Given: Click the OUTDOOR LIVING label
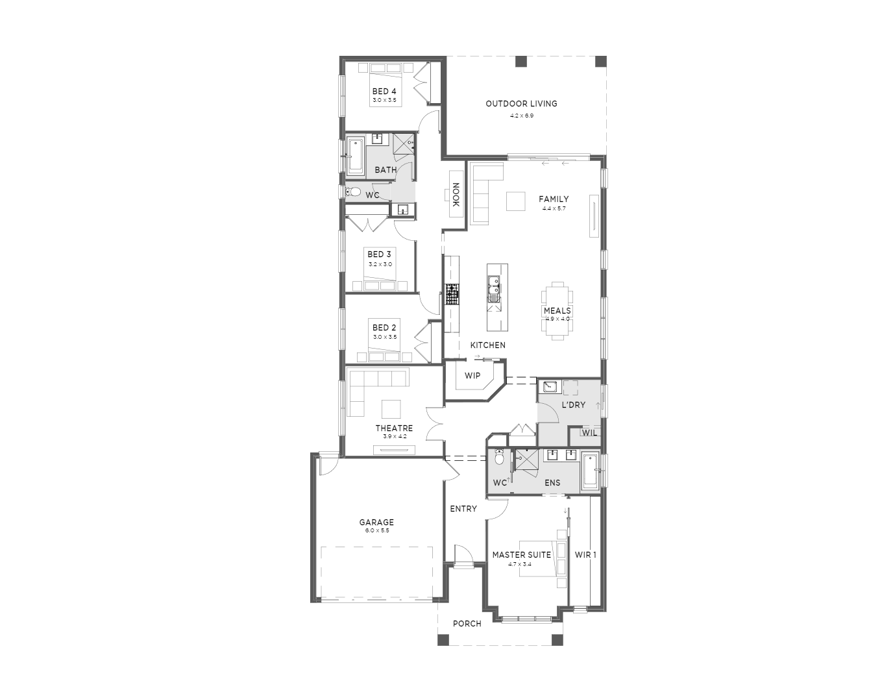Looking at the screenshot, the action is pos(521,104).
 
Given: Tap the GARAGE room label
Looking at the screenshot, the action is pos(376,523).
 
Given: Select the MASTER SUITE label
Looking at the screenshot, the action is pos(522,555).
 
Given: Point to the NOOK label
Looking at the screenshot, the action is pos(456,195).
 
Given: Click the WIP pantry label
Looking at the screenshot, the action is pos(472,376).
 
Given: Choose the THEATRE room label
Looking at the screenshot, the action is pos(394,428).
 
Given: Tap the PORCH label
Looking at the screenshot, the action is pos(467,624).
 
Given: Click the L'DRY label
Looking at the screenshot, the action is pos(574,404).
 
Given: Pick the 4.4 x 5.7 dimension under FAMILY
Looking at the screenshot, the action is pos(554,208).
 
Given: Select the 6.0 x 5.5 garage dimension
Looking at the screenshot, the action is pos(376,530).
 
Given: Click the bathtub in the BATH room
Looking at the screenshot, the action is pos(356,156).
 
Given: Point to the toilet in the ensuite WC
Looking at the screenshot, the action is pos(499,458).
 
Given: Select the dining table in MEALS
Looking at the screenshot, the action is pos(557,311).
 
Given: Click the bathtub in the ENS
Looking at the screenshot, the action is pos(591,471).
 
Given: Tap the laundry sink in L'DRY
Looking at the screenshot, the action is pos(550,386).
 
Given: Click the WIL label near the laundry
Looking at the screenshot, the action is pos(589,433).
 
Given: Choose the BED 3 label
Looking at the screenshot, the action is pos(379,254).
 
